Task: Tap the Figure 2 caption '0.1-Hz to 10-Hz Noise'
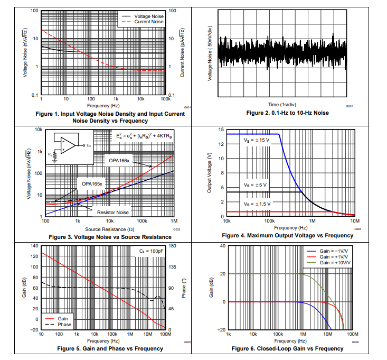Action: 288,113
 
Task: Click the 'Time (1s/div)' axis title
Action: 288,105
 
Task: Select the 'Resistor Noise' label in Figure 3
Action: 112,212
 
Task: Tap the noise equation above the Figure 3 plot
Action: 143,137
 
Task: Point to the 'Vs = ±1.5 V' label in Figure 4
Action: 257,204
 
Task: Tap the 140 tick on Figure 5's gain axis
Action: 34,246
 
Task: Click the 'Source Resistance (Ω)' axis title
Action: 110,229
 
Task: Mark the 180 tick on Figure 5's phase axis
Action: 173,246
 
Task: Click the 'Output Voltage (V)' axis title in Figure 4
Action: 210,173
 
